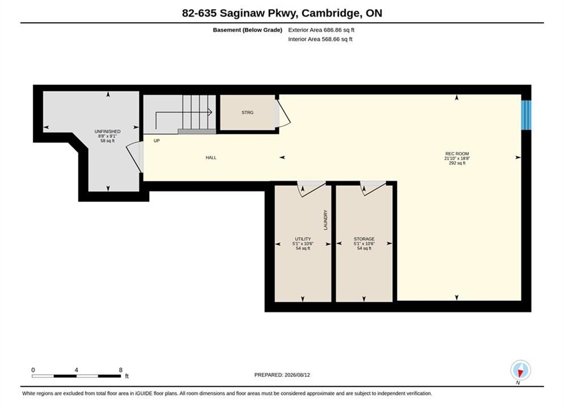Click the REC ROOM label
click(457, 154)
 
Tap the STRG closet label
click(248, 113)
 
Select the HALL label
click(211, 158)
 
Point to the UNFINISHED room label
click(107, 131)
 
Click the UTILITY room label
click(303, 239)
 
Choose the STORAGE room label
click(364, 239)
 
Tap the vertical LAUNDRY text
click(325, 220)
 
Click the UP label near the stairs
click(156, 141)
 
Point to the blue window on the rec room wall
click(526, 115)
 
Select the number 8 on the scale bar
click(121, 370)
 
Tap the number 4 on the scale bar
click(77, 370)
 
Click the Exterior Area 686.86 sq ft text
click(321, 30)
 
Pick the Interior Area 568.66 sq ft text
click(320, 39)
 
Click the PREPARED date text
click(282, 375)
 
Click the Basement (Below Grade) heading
click(248, 30)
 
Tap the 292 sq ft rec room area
click(457, 163)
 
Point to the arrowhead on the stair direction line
click(210, 113)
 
